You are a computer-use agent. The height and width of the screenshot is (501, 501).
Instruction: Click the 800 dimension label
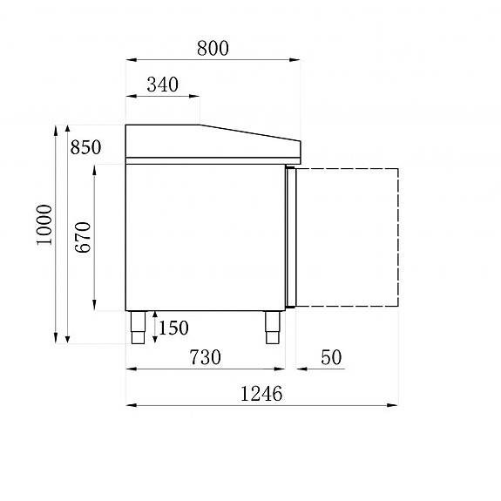pyautogui.click(x=213, y=49)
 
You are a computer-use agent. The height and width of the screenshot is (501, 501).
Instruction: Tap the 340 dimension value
pyautogui.click(x=162, y=85)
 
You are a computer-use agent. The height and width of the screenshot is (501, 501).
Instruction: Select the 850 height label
pyautogui.click(x=85, y=148)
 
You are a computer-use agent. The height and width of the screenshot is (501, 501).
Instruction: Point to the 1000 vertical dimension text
pyautogui.click(x=44, y=225)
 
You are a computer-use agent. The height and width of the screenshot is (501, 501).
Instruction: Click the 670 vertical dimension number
pyautogui.click(x=83, y=237)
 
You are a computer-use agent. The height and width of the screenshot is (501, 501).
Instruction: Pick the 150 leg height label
pyautogui.click(x=173, y=328)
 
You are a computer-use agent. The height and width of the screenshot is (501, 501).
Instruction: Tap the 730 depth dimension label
pyautogui.click(x=206, y=357)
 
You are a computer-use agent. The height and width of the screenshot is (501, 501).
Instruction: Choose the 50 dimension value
pyautogui.click(x=331, y=357)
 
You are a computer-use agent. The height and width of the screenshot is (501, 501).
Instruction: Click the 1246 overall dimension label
pyautogui.click(x=261, y=394)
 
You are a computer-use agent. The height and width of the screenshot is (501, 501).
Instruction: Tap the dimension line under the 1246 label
pyautogui.click(x=261, y=405)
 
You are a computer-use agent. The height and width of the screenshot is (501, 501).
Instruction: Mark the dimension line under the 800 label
pyautogui.click(x=213, y=59)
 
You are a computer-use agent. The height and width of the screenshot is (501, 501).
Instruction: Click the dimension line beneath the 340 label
pyautogui.click(x=162, y=96)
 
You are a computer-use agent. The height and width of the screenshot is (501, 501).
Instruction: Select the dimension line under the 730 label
pyautogui.click(x=206, y=369)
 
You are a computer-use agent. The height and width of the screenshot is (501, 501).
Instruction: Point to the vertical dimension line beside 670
pyautogui.click(x=94, y=237)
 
